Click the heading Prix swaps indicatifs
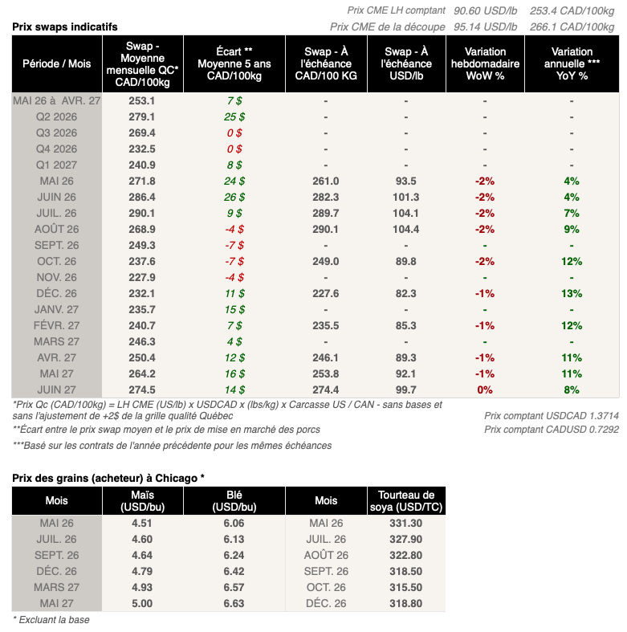pyautogui.click(x=64, y=27)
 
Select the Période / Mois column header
pyautogui.click(x=57, y=63)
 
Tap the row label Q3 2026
pyautogui.click(x=57, y=133)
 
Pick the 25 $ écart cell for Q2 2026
pyautogui.click(x=234, y=116)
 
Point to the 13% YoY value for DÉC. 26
pyautogui.click(x=571, y=293)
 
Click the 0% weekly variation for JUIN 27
pyautogui.click(x=485, y=389)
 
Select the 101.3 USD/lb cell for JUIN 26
pyautogui.click(x=406, y=197)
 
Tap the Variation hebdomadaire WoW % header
pyautogui.click(x=485, y=63)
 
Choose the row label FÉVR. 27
pyautogui.click(x=57, y=325)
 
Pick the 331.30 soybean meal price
pyautogui.click(x=405, y=523)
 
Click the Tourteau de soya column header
pyautogui.click(x=405, y=501)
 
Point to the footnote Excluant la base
pyautogui.click(x=51, y=619)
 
